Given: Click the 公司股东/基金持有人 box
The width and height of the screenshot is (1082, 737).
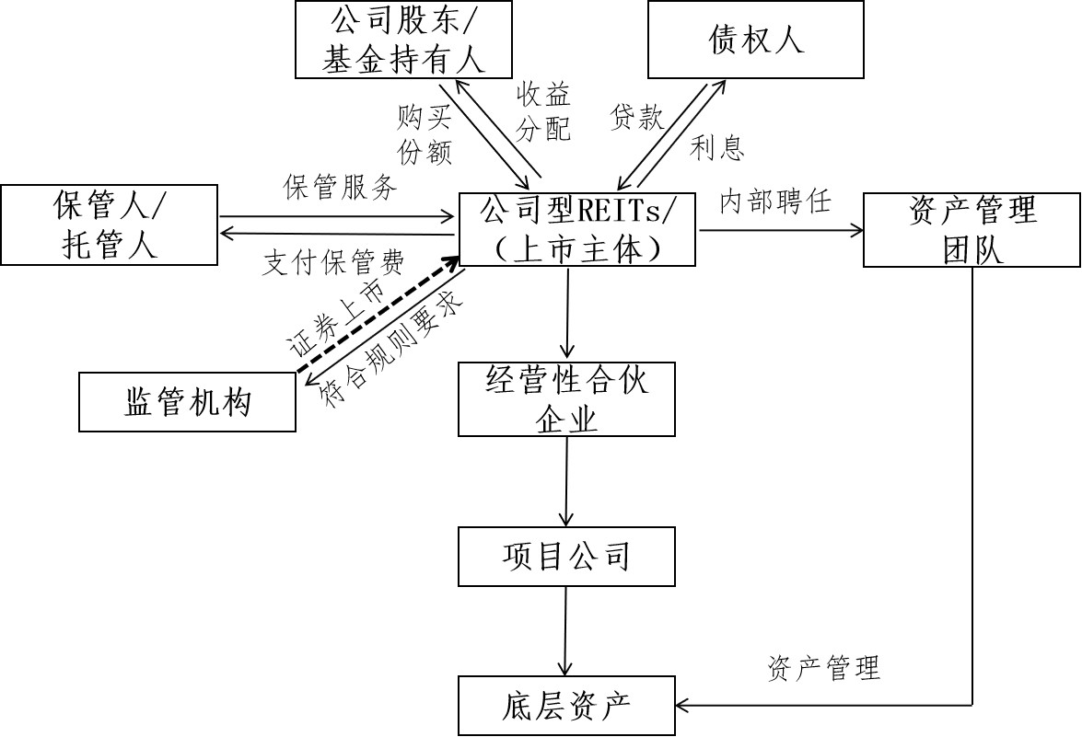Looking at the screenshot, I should point(403,40).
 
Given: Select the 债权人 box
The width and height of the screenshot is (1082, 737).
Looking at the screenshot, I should point(755,40).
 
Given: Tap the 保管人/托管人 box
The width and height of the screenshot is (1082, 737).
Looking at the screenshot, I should point(110,225).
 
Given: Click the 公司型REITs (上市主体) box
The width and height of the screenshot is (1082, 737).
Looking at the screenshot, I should point(578,230).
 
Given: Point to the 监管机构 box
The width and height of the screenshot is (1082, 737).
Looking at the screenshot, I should point(187,402).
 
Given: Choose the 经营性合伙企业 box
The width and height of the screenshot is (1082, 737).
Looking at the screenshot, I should point(566,398).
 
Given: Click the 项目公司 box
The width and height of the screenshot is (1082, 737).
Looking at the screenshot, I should point(566,556).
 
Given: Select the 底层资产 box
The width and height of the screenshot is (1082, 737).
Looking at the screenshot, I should point(566,706).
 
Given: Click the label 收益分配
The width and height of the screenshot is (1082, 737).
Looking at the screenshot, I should point(543,110).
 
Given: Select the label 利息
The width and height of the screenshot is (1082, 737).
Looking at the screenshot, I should point(717,147).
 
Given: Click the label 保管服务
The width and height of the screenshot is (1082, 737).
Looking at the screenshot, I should point(341,188).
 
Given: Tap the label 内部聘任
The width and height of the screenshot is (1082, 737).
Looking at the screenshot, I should point(775,202).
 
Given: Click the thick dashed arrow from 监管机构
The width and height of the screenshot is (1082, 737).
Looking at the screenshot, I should point(378,317).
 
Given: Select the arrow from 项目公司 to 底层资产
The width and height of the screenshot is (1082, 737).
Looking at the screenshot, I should point(566,631).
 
